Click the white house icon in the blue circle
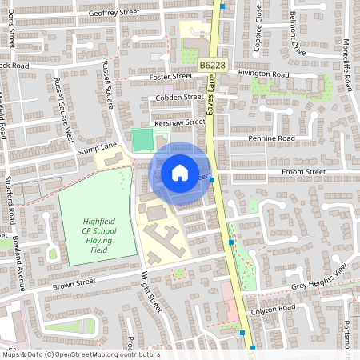coord(180,173)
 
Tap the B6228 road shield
coord(212,64)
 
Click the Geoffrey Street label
coord(114,13)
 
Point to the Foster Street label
coord(171,77)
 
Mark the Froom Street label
coord(305,171)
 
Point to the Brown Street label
coord(74,283)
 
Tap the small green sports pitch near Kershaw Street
coord(142,140)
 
